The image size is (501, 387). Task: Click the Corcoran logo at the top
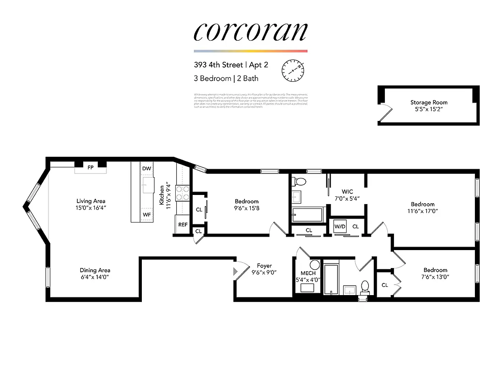(x=250, y=32)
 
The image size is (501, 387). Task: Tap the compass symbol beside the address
(x=293, y=71)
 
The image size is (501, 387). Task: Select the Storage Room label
(x=428, y=103)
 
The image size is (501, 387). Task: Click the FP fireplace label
(x=90, y=167)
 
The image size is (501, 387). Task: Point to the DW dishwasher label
(x=147, y=168)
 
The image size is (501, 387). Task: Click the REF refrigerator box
(x=182, y=224)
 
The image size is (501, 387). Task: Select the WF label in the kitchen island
(x=147, y=214)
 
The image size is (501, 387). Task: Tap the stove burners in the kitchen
(x=183, y=193)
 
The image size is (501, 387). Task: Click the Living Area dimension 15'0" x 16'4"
(x=91, y=208)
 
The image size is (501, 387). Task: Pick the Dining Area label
(x=95, y=270)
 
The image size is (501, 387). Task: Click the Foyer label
(x=264, y=266)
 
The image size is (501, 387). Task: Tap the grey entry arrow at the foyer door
(x=236, y=272)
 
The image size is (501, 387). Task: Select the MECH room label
(x=308, y=273)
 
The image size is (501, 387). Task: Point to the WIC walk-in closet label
(x=346, y=192)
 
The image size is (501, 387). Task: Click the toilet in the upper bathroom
(x=300, y=182)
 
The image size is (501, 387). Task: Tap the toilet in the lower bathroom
(x=365, y=287)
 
